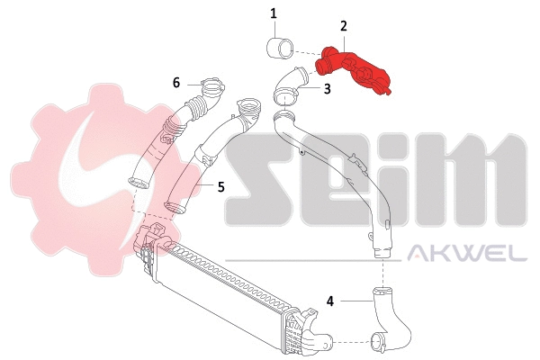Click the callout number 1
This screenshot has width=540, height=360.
(274, 13)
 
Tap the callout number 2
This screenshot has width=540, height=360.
(343, 28)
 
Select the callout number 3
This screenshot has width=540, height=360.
(327, 89)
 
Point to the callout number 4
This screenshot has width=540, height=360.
(331, 301)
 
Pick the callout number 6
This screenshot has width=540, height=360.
(176, 82)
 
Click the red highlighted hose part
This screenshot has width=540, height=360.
(360, 72)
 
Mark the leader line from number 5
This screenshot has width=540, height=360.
(206, 186)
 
